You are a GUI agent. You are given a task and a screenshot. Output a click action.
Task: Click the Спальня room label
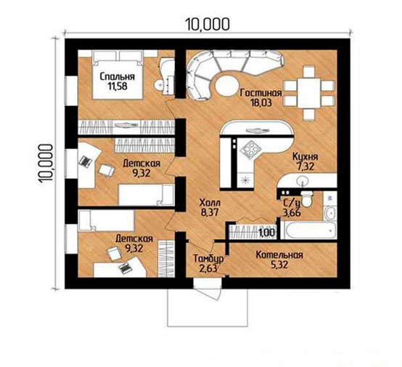tap(117, 76)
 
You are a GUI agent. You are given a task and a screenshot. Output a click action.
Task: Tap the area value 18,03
tap(261, 102)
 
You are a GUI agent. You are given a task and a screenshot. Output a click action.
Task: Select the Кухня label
tap(305, 157)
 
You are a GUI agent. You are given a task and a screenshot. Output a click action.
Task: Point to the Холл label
tap(210, 203)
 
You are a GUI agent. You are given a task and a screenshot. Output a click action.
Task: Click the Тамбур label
tap(208, 259)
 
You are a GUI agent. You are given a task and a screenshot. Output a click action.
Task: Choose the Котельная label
tap(279, 255)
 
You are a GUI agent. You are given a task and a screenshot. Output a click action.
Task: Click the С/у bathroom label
tap(292, 203)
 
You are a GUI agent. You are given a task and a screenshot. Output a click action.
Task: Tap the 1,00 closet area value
tap(266, 233)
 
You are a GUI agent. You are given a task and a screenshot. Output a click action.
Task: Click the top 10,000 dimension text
tap(208, 25)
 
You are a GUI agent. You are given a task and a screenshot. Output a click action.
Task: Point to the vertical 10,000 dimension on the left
tap(46, 163)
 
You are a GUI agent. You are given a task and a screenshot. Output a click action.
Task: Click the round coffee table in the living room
tap(226, 86)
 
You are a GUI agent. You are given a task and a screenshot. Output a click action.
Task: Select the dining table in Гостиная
tap(308, 93)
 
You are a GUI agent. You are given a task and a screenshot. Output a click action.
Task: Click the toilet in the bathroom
tap(306, 199)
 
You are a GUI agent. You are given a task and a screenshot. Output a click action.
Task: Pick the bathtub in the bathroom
tap(308, 230)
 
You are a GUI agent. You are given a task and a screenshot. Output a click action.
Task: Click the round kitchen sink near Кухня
tap(304, 181)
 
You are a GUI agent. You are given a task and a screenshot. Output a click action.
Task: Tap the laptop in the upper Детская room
tap(85, 161)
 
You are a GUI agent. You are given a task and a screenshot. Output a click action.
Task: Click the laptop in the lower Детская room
tap(125, 268)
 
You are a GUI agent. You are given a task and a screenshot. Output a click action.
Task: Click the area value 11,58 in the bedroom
tap(117, 86)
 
